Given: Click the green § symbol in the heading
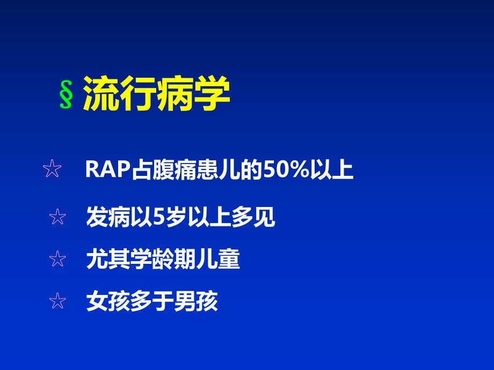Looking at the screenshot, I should pos(66,96).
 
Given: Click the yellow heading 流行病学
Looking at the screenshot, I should pos(156,94).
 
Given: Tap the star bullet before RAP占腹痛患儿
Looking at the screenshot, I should pos(52,171).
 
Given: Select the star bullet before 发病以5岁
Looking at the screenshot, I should pos(57,217).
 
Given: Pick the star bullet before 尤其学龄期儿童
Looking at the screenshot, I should pos(57,260).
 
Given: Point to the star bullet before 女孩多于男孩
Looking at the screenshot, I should pos(57,301).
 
